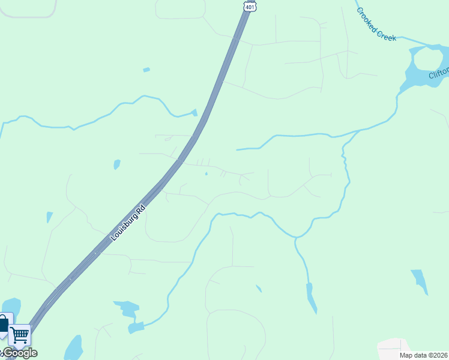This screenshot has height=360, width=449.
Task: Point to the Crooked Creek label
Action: click(376, 24)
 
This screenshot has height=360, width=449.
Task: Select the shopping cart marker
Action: click(20, 335)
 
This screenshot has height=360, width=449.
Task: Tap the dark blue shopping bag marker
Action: click(4, 325)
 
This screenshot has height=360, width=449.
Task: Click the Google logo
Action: click(20, 353)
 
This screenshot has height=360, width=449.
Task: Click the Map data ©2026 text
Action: click(424, 355)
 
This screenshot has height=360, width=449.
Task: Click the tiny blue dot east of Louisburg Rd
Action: click(206, 174)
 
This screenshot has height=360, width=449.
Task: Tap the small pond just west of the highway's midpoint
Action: click(116, 164)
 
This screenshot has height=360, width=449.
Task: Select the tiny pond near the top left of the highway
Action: click(146, 70)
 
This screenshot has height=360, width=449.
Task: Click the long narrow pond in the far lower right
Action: click(420, 281)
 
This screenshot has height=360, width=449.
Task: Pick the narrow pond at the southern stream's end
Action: click(311, 298)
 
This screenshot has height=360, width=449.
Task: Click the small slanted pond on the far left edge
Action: click(49, 217)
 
